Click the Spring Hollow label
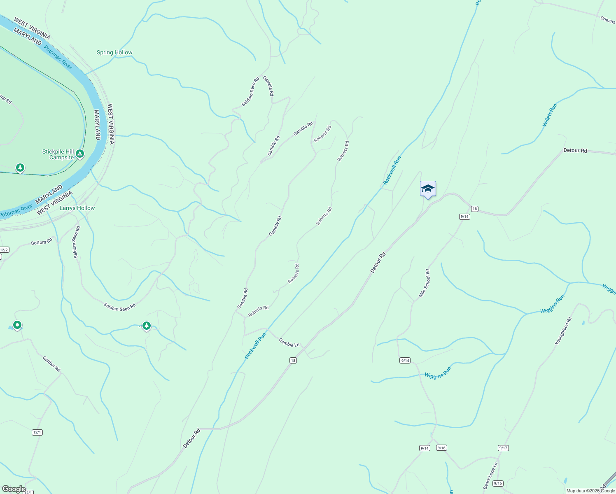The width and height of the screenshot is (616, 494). click(x=114, y=53)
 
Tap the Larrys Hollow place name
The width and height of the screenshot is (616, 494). click(x=77, y=208)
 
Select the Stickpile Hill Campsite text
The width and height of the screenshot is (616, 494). click(x=58, y=154)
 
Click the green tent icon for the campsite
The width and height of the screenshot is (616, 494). click(x=80, y=154)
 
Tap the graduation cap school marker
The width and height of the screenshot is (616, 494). click(x=428, y=189)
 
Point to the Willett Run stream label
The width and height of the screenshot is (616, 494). click(x=550, y=115)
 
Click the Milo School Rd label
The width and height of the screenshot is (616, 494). click(x=425, y=283)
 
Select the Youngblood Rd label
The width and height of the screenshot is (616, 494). click(x=563, y=331)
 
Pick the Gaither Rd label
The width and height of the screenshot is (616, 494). click(x=51, y=364)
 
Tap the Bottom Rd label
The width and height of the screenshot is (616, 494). click(x=42, y=242)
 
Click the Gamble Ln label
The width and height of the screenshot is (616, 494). click(x=289, y=343)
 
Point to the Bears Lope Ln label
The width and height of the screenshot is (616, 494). click(x=490, y=476)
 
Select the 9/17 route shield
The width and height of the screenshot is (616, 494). click(x=503, y=448)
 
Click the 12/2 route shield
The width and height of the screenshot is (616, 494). click(x=4, y=250)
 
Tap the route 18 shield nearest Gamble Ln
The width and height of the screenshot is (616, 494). click(x=293, y=361)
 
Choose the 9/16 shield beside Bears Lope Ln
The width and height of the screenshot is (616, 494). click(x=497, y=483)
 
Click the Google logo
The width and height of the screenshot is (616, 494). click(x=14, y=489)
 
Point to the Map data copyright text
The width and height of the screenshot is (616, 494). click(x=590, y=491)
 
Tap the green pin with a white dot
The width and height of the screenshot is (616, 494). click(x=17, y=325)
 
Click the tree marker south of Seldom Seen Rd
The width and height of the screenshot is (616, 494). click(x=146, y=326)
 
